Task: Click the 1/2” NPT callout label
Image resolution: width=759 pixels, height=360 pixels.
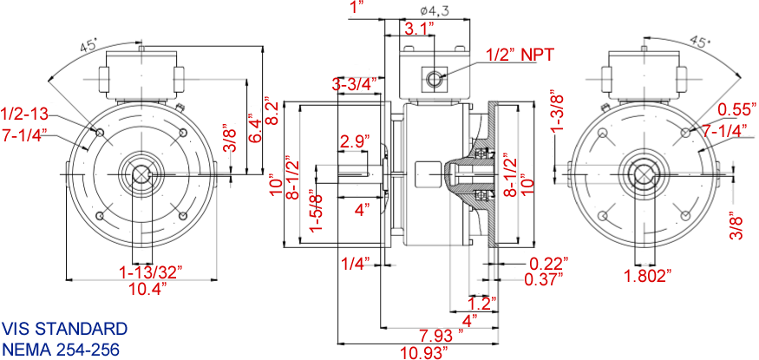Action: coord(519,54)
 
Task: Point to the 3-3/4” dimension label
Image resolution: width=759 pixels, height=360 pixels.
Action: coord(355,84)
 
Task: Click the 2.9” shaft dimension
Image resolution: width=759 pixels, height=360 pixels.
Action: coord(356,141)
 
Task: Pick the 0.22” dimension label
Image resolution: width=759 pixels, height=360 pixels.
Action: coord(547,263)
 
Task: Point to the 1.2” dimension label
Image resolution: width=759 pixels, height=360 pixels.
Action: coord(479,304)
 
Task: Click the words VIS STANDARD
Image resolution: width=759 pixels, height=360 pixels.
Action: coord(64,329)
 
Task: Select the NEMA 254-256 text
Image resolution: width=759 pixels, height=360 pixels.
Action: coord(60,349)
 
